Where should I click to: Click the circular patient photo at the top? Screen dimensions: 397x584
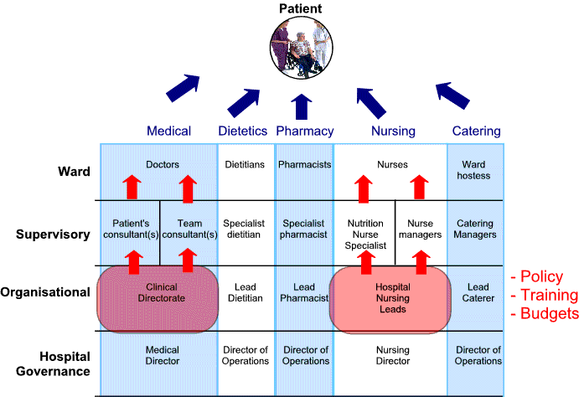299,48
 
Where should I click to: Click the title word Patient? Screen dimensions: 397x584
299,9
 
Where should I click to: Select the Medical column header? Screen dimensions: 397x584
168,131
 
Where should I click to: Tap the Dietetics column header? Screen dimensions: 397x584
242,131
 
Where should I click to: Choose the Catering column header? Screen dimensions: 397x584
476,131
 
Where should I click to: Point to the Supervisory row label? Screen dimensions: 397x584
53,234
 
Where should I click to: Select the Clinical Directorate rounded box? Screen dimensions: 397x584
159,298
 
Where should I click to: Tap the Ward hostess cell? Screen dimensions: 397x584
476,170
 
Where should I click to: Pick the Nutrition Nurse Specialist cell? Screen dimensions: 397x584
364,235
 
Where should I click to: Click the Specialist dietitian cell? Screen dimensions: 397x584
245,229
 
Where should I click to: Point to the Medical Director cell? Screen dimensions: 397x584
162,356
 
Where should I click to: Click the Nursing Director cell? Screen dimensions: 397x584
392,356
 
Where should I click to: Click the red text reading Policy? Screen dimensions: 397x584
541,277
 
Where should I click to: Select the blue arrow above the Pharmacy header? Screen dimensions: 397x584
301,107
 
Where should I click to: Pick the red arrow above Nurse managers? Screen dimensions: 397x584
421,188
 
